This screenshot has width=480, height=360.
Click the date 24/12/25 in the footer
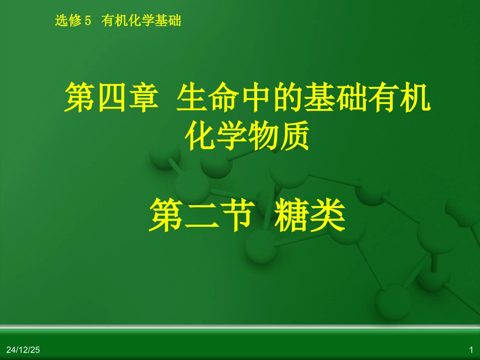click(x=23, y=349)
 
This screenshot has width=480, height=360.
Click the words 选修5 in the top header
click(x=74, y=21)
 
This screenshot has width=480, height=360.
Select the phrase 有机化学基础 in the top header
click(x=141, y=21)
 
